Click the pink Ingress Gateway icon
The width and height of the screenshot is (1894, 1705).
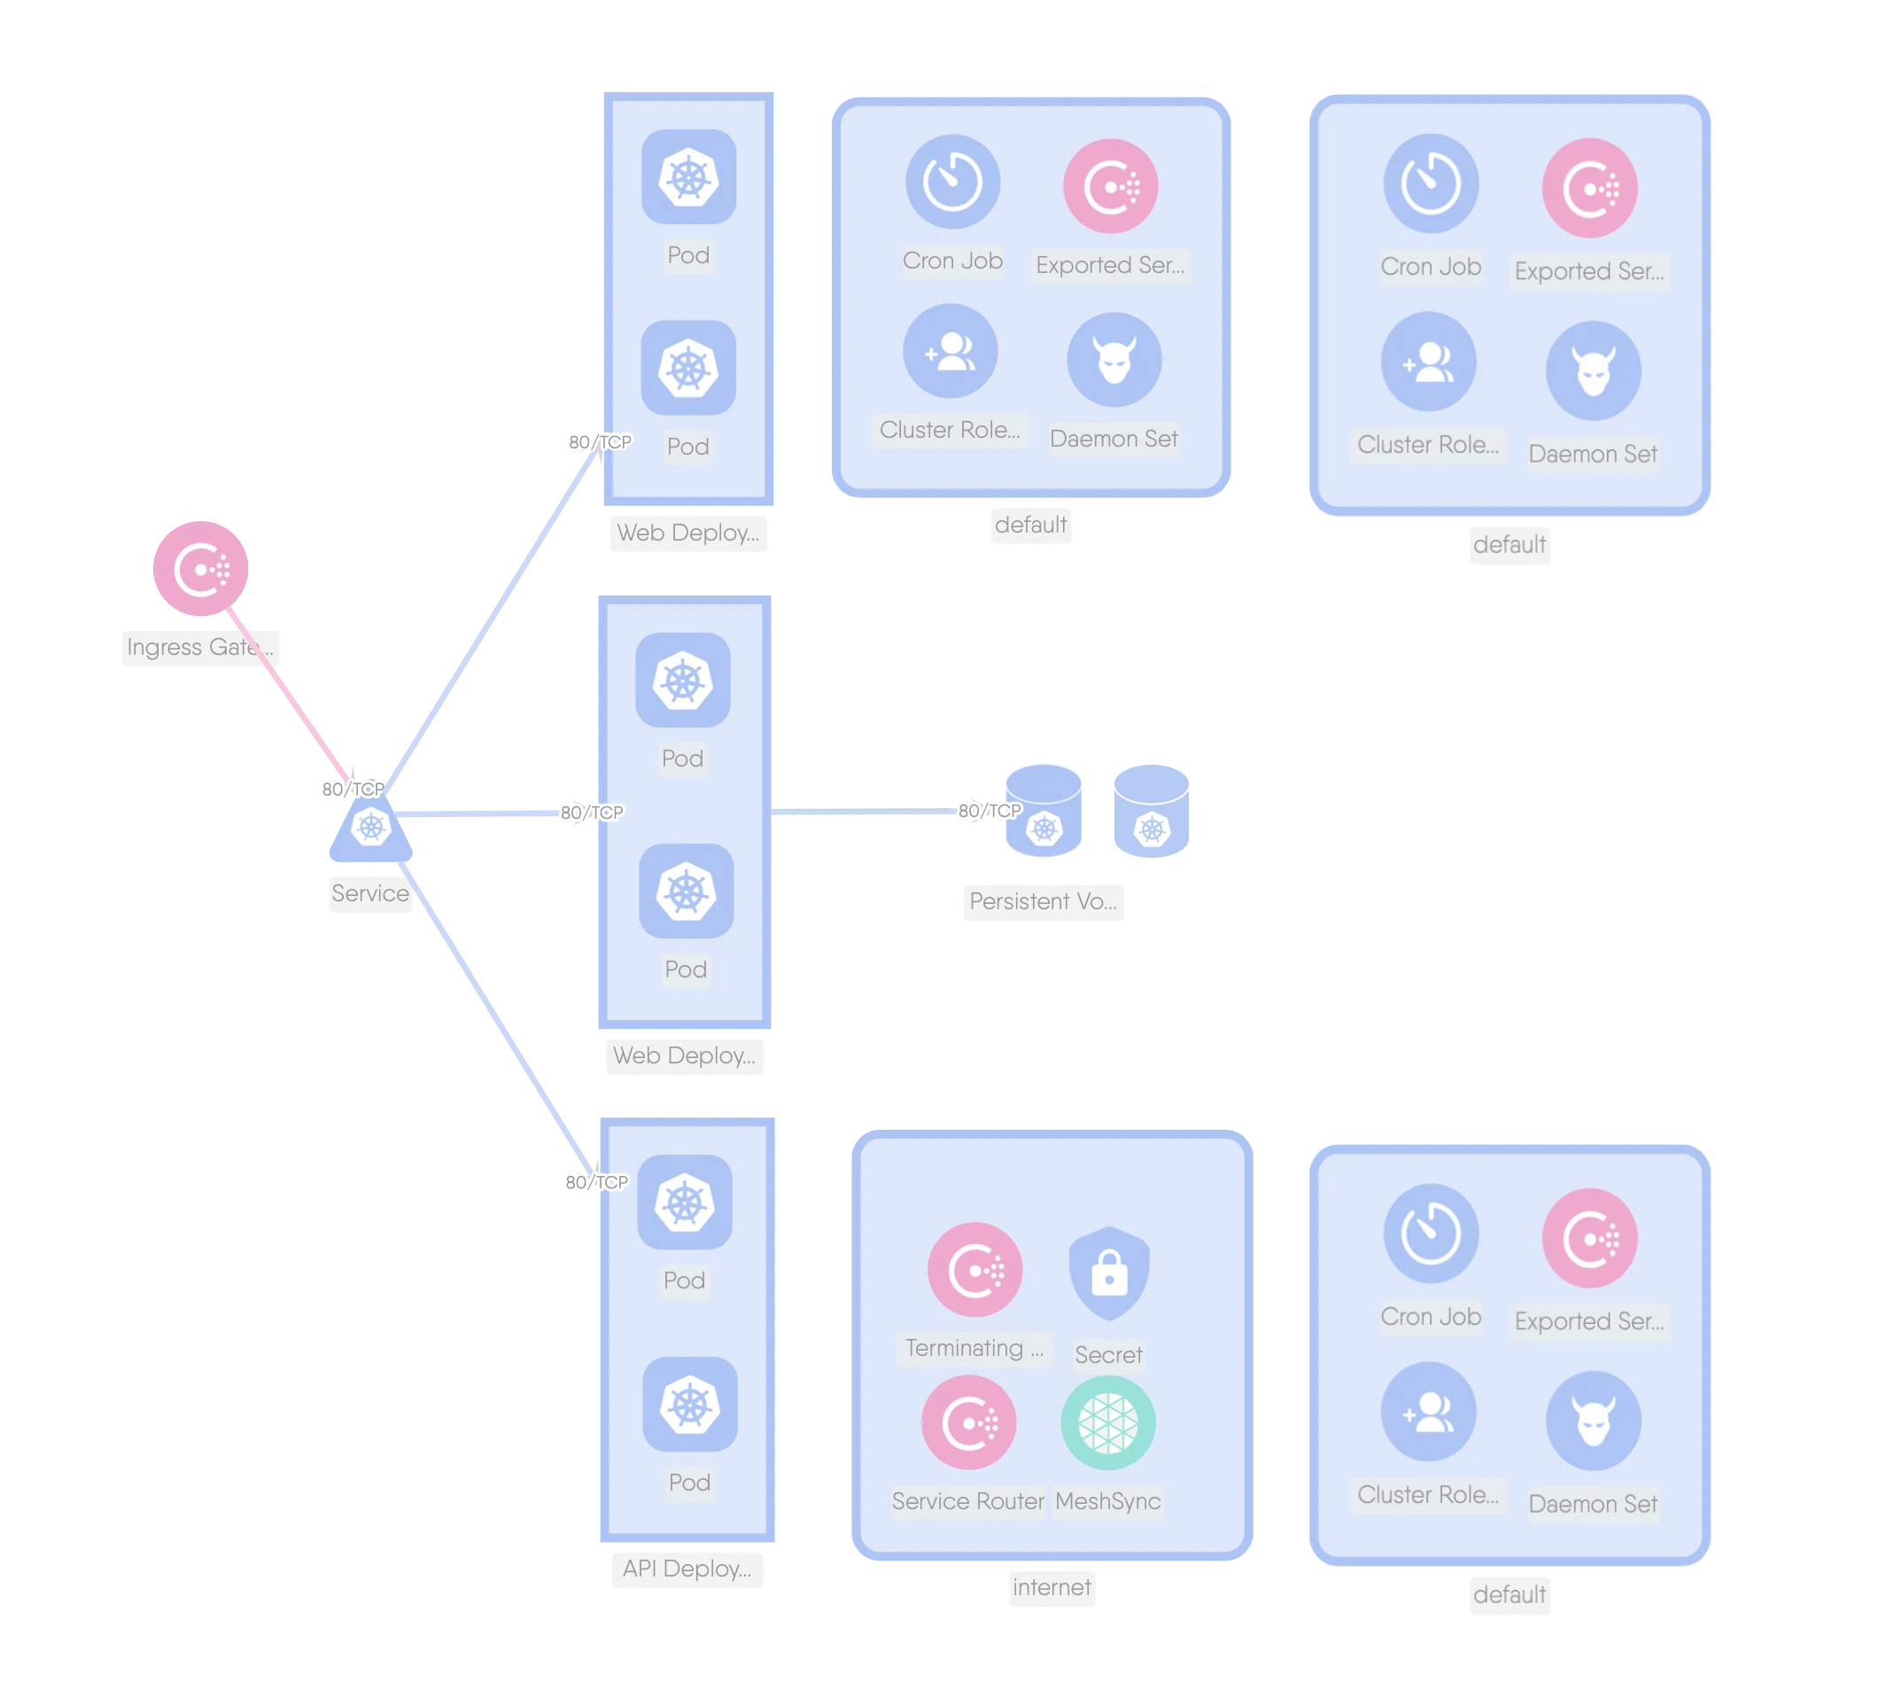(x=200, y=568)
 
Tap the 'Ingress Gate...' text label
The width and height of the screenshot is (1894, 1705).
(x=199, y=647)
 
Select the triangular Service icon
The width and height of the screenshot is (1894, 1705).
(x=371, y=829)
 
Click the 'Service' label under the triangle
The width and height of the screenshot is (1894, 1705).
(x=370, y=892)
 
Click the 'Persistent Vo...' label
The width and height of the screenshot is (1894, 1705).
(x=1042, y=901)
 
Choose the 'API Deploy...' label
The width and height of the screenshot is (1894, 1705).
(x=687, y=1569)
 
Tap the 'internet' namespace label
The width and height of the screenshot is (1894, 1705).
(x=1051, y=1587)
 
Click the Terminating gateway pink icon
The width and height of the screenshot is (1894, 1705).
(x=974, y=1269)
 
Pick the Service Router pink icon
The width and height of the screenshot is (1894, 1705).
(x=968, y=1422)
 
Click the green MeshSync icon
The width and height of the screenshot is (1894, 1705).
(x=1108, y=1422)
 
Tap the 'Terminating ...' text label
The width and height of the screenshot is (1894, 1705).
(x=974, y=1348)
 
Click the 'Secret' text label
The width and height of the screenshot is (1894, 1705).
(x=1108, y=1355)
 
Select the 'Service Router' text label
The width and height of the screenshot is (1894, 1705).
(x=967, y=1501)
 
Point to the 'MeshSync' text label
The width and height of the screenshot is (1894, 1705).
(x=1107, y=1501)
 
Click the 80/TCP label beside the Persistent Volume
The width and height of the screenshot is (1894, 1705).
(x=990, y=810)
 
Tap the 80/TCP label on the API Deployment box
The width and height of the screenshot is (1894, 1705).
(x=595, y=1182)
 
